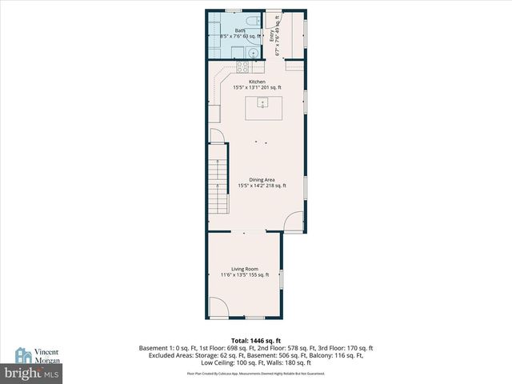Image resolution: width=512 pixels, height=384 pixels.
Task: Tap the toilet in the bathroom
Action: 250,21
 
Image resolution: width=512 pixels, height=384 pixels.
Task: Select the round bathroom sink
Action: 253,54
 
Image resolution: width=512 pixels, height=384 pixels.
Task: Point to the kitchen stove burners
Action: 238,53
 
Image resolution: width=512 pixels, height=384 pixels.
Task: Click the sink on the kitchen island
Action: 262,102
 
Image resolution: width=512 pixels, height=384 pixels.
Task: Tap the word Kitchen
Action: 257,82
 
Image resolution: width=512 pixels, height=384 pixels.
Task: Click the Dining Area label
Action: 262,180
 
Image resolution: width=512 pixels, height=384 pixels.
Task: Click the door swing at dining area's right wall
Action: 295,222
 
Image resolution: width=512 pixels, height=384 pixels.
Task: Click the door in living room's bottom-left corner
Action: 218,307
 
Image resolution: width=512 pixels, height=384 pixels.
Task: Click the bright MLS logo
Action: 32,374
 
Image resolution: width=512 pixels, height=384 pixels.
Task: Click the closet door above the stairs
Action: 216,137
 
